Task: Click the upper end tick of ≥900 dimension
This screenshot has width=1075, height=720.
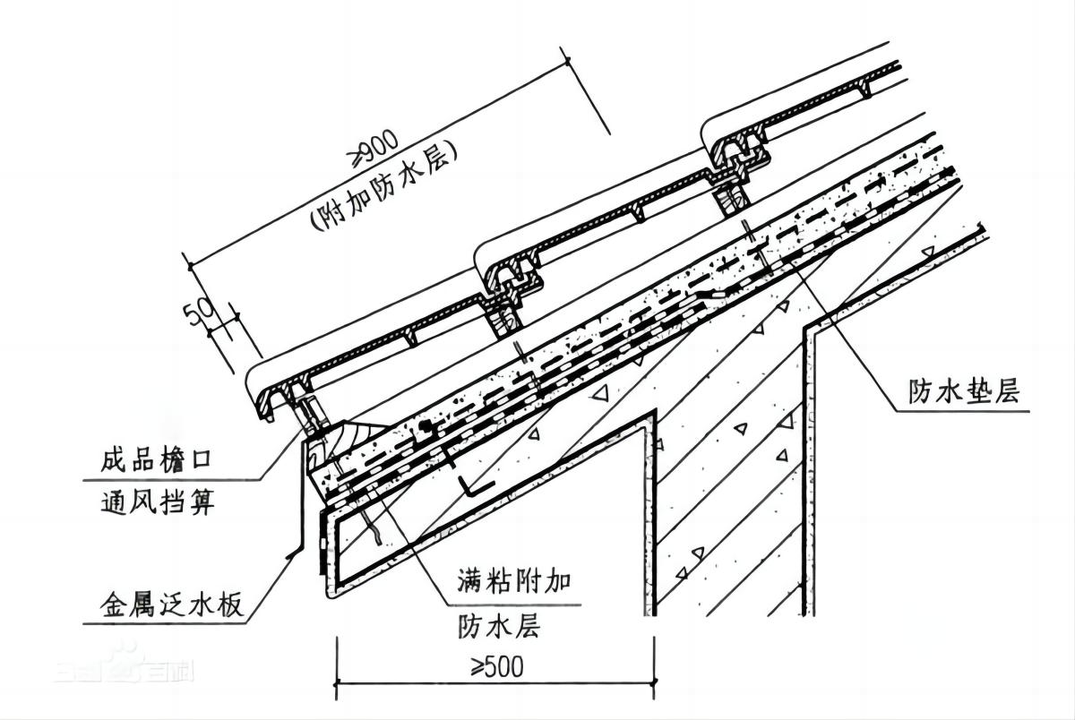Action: pos(568,60)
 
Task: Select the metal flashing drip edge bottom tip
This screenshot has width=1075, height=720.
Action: pos(288,557)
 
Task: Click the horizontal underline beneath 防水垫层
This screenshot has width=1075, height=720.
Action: pos(963,411)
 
